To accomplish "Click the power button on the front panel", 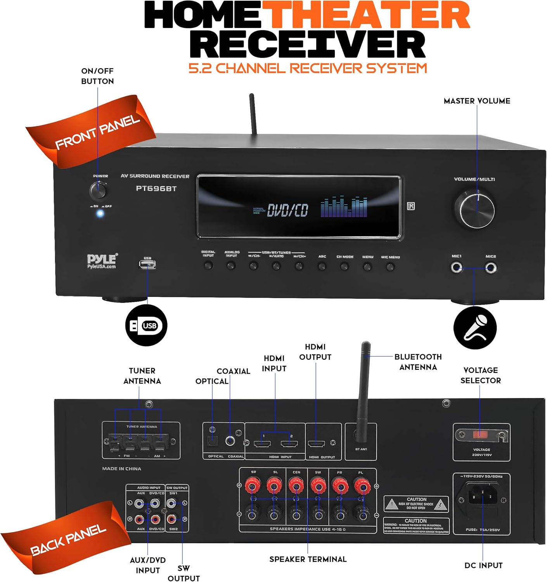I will [x=98, y=191].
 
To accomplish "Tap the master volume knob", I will [x=477, y=211].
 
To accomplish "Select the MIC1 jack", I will [x=457, y=268].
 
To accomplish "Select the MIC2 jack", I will [x=491, y=268].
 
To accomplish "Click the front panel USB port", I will [x=147, y=265].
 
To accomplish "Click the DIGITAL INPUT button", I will [x=208, y=266].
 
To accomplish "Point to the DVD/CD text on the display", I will [x=287, y=210].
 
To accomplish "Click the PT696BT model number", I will [x=156, y=189].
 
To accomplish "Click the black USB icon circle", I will [x=146, y=325].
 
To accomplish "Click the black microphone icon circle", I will [x=475, y=328].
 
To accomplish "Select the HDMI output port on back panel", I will [x=316, y=443].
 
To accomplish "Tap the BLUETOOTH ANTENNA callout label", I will [x=418, y=362].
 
